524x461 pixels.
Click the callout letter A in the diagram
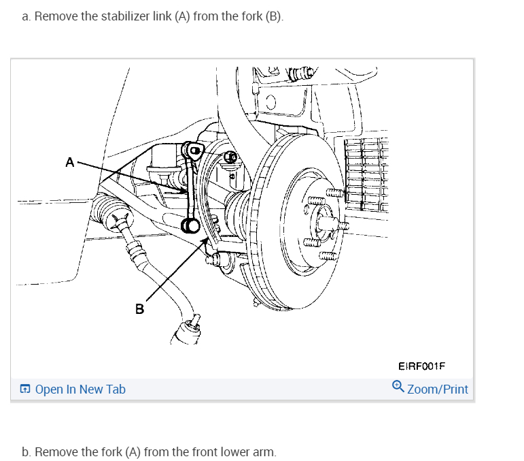point(69,162)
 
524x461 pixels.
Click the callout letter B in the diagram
point(139,309)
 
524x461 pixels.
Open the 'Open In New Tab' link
point(80,390)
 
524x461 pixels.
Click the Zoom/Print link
point(438,390)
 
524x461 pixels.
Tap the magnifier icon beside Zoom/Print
point(398,388)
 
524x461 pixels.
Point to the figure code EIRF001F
point(421,366)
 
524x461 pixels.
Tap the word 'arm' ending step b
point(265,451)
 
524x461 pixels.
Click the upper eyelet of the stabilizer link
point(194,150)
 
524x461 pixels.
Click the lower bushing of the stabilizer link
point(190,225)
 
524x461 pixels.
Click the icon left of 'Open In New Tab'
point(25,390)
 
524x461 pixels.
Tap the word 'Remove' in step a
point(54,16)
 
